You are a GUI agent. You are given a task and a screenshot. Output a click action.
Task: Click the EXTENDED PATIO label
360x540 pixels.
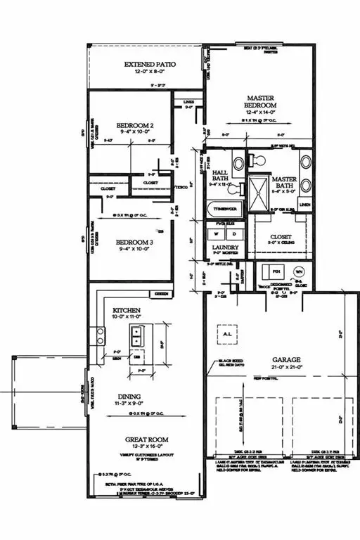[149, 65]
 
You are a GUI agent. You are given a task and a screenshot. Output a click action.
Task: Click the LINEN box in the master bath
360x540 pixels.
[304, 205]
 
